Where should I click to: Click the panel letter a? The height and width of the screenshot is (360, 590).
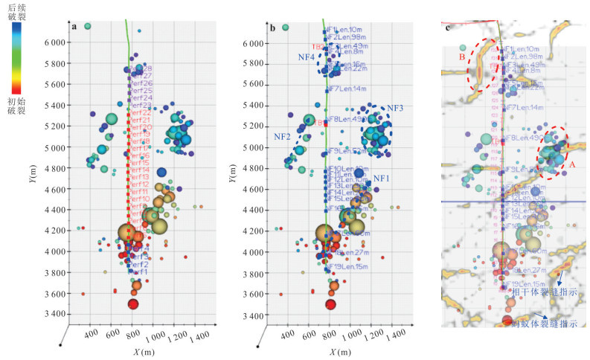(74, 28)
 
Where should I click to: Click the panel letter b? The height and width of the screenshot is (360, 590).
(272, 28)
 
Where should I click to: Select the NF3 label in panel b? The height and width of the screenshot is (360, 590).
(394, 108)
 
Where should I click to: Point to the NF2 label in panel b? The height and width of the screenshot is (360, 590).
(281, 137)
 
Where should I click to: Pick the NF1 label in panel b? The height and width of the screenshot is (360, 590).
(381, 179)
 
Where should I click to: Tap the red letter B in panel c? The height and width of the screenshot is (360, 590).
(461, 55)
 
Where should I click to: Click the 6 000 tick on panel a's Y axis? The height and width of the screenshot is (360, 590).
(57, 44)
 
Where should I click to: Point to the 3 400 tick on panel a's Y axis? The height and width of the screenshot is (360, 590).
(57, 315)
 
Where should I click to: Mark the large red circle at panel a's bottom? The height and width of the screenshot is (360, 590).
(133, 303)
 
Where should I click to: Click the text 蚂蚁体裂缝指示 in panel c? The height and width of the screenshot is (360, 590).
(547, 324)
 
